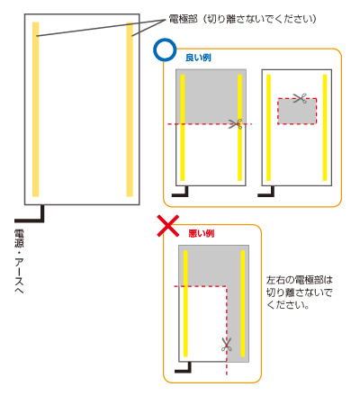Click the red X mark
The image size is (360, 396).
[168, 226]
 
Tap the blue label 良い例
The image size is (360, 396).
[198, 58]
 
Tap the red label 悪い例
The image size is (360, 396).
[202, 233]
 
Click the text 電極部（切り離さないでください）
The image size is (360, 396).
[242, 19]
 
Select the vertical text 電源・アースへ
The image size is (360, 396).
[19, 261]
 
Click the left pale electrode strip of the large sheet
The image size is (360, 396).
[36, 109]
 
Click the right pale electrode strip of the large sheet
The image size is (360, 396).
[130, 109]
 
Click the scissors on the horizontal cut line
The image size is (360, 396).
[236, 124]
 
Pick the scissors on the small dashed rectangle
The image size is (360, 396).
[300, 98]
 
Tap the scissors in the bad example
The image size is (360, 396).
[227, 345]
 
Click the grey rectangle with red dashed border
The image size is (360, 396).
[297, 111]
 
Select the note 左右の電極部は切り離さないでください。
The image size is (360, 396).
[300, 292]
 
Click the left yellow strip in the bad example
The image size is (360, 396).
[185, 303]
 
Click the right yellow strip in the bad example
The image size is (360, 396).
[243, 303]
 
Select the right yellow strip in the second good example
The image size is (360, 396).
[325, 128]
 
